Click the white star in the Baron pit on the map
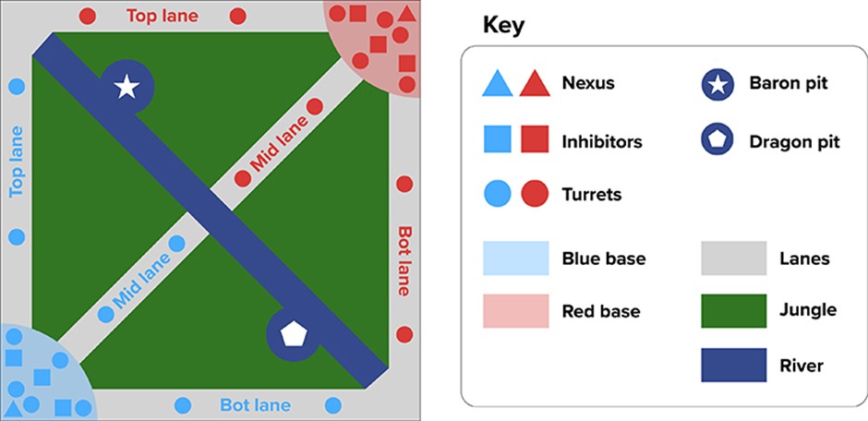click(x=127, y=88)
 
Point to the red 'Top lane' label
click(x=163, y=16)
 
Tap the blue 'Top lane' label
click(x=16, y=162)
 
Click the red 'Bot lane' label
click(x=404, y=260)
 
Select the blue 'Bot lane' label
click(x=255, y=405)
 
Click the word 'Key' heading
click(x=503, y=25)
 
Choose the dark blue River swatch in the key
click(x=734, y=366)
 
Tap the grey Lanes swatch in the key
click(x=734, y=259)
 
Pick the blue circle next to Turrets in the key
click(x=498, y=195)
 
